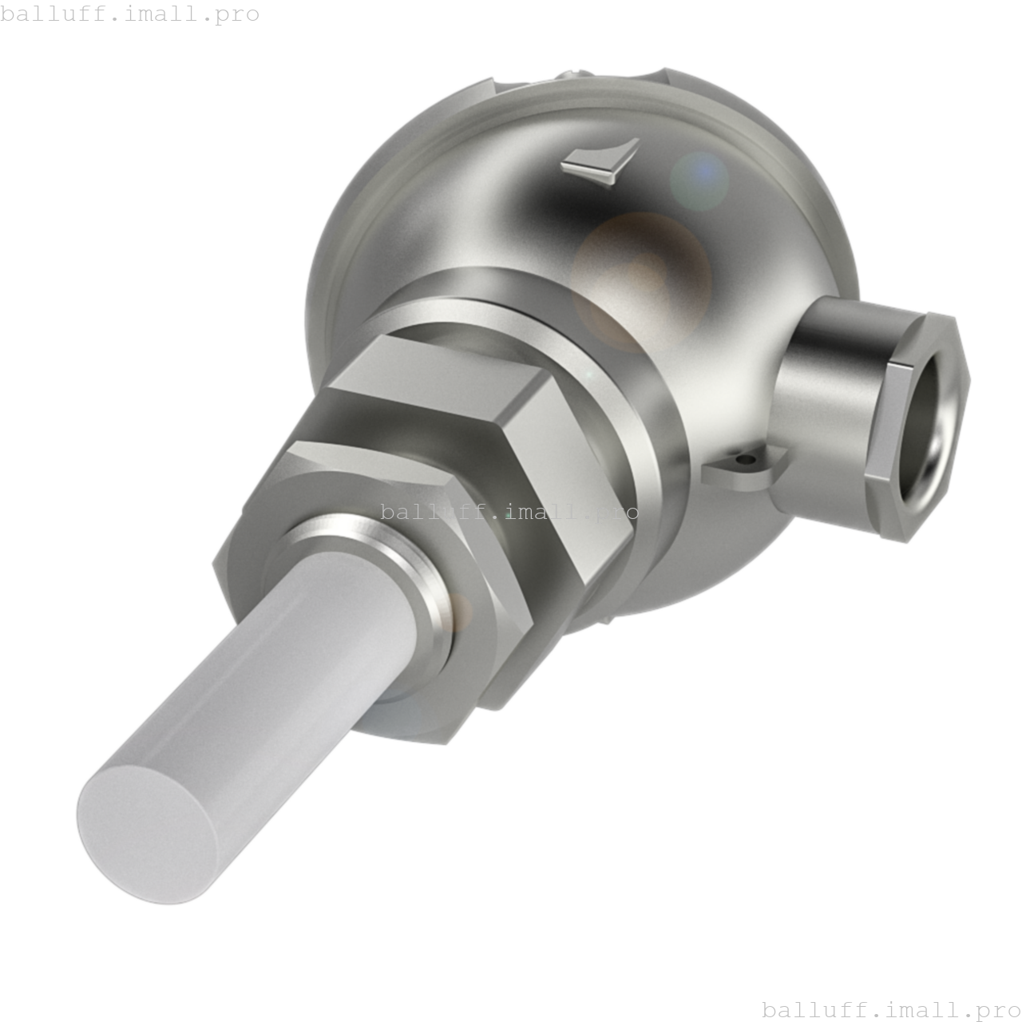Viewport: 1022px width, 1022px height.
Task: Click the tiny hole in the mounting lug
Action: [746, 461]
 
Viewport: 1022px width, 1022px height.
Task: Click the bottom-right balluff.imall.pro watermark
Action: [891, 1009]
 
